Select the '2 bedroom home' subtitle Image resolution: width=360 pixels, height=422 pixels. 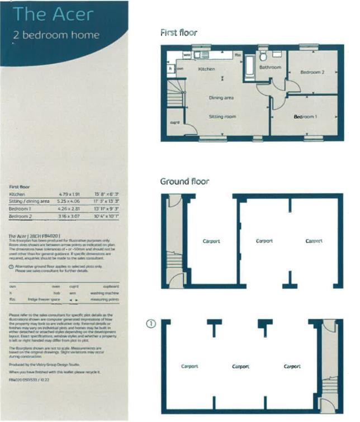click(56, 35)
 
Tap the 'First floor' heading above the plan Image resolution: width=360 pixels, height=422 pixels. click(178, 32)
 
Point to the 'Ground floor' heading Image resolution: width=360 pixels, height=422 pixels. click(184, 181)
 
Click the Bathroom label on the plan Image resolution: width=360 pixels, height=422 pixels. click(270, 68)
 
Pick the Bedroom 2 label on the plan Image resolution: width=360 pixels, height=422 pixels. click(312, 72)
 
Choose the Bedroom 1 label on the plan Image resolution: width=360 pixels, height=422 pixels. click(305, 117)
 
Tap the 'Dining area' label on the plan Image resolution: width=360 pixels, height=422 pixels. click(221, 98)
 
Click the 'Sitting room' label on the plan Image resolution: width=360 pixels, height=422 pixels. click(222, 117)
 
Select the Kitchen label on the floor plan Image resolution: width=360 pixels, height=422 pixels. click(207, 69)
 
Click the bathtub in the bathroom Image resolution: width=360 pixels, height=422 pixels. click(248, 67)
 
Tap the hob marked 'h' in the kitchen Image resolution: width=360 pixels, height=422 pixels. click(170, 68)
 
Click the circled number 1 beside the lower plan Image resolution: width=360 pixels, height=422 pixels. click(150, 324)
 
